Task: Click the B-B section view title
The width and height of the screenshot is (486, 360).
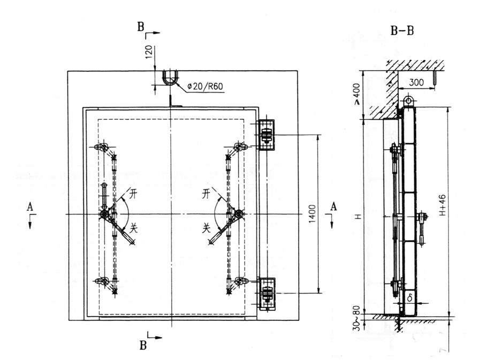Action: tap(402, 31)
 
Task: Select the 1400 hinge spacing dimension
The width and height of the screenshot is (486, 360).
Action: tap(313, 214)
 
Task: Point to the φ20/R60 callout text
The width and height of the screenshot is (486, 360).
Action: tap(205, 86)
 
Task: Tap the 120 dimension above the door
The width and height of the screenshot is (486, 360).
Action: tap(149, 52)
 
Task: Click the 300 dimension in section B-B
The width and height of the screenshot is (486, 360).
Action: tap(416, 83)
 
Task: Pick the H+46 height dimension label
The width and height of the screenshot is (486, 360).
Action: tap(442, 205)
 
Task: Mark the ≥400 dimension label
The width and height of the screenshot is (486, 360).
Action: tap(357, 94)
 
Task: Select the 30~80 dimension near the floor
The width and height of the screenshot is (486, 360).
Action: tap(357, 318)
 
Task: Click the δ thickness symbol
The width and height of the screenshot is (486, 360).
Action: tap(410, 298)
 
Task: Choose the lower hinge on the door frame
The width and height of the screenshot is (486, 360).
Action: tap(267, 294)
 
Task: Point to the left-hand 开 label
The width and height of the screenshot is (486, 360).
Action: tap(133, 194)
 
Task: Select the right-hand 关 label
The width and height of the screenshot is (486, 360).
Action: tap(207, 228)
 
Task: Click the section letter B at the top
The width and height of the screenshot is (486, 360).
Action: tap(141, 27)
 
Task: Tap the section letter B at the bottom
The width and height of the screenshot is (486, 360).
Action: tap(143, 346)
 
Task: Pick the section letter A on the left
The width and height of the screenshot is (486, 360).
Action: tap(30, 206)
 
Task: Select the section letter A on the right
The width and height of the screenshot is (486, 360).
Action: tap(333, 206)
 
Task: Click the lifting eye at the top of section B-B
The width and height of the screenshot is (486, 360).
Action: tap(409, 101)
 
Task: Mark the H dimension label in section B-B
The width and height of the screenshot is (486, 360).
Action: tap(359, 217)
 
